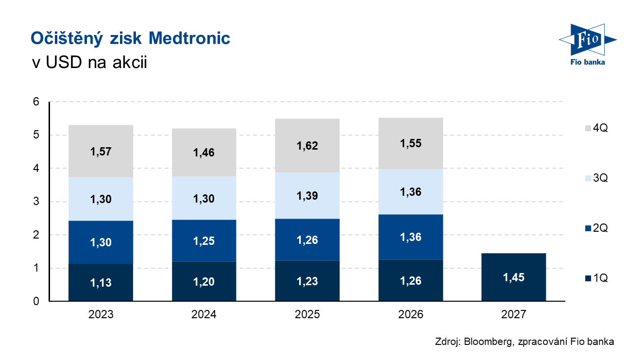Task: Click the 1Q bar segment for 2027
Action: (x=513, y=277)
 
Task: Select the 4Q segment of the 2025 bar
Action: (x=307, y=145)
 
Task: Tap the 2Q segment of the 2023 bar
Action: (x=101, y=242)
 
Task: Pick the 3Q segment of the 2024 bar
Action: (x=204, y=198)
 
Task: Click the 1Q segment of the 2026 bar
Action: (x=410, y=280)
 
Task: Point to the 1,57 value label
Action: (x=101, y=152)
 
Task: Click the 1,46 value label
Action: (x=204, y=153)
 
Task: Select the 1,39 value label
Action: (x=307, y=196)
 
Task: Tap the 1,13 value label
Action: (x=101, y=283)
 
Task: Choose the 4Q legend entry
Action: (x=596, y=128)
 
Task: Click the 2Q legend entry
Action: (x=596, y=228)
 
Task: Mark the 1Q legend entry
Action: (x=596, y=278)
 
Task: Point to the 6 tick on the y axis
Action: (x=36, y=102)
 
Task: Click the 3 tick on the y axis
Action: (x=36, y=201)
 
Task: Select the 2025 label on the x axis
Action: (x=307, y=314)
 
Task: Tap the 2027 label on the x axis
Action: (x=513, y=314)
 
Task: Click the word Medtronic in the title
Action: (x=189, y=38)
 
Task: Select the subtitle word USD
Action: (x=64, y=62)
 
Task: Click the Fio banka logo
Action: (x=588, y=45)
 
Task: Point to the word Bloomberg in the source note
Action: (x=489, y=342)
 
